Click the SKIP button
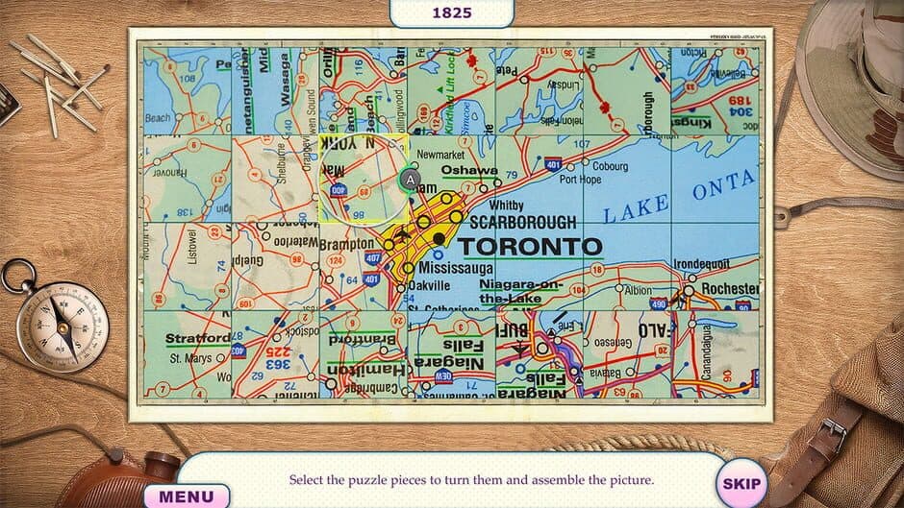(740, 484)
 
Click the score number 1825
(452, 12)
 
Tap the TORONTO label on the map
(530, 245)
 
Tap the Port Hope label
(581, 180)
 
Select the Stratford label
(198, 338)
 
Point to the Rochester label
(729, 288)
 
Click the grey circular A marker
(411, 180)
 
